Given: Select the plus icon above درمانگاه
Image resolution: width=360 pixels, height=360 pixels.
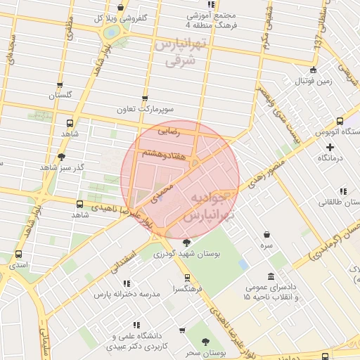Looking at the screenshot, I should coord(330,147).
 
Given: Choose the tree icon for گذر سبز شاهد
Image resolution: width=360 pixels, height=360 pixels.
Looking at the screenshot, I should coord(61,157).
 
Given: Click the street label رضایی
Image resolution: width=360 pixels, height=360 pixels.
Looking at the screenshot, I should coord(169,130).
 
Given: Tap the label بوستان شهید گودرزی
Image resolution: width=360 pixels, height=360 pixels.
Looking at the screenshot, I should coord(188,253).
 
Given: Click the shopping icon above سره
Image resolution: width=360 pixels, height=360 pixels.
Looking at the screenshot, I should coord(266,235).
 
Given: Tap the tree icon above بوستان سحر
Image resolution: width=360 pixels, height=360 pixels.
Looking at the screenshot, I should coord(205,342).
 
